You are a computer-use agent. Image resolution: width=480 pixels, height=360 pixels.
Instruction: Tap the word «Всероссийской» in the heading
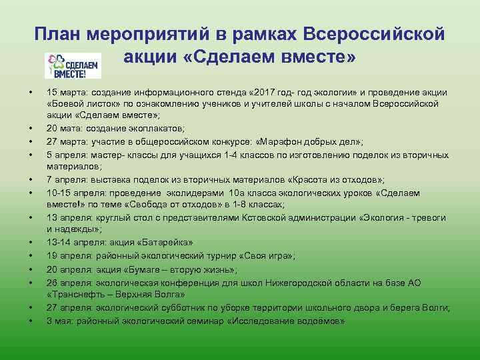coord(373,34)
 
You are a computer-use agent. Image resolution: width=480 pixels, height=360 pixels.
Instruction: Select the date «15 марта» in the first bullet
coord(63,92)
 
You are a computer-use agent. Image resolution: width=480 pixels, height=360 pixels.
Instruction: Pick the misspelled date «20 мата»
coord(61,128)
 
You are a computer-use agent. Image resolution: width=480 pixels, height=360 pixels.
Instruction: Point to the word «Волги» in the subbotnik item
coord(434,307)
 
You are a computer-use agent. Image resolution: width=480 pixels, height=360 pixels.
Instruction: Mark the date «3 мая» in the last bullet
coord(59,321)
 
